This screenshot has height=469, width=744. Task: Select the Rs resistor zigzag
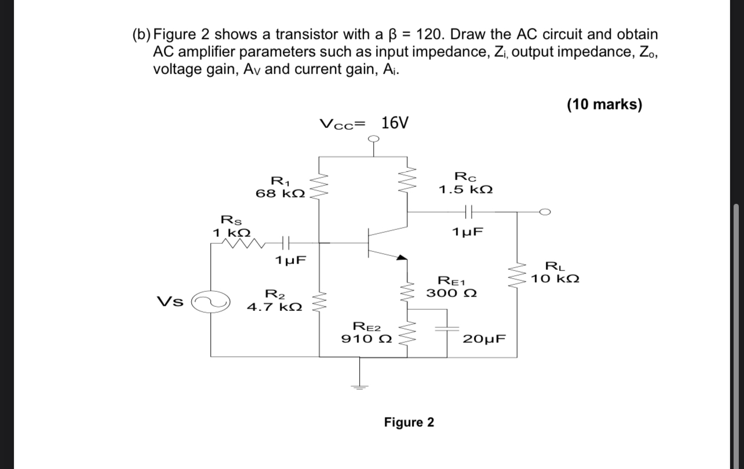coord(247,243)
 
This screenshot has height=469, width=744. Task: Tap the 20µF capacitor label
coord(484,339)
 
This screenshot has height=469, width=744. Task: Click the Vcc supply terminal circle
coord(374,138)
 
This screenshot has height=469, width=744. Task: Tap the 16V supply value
coord(395,123)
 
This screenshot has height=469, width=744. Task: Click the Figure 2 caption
coord(409,422)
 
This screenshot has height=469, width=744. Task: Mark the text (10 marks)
coord(604,104)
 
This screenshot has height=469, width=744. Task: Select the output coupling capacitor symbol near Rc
coord(468,212)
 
